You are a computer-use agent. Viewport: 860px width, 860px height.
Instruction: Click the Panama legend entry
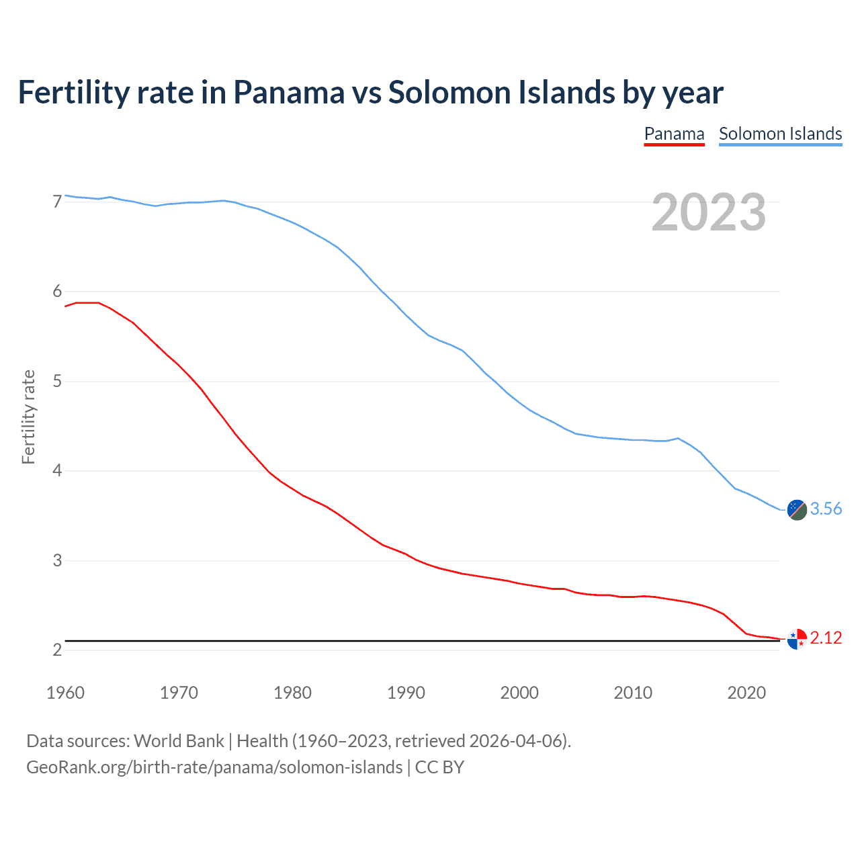(x=674, y=134)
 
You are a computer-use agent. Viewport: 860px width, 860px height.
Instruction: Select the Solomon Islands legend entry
(x=780, y=134)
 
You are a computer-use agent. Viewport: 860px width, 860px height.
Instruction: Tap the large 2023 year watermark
(x=708, y=212)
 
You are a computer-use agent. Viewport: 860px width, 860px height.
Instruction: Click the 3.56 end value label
(x=826, y=509)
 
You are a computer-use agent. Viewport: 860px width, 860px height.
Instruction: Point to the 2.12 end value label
(x=826, y=638)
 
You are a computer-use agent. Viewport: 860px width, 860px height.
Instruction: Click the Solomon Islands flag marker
(x=797, y=510)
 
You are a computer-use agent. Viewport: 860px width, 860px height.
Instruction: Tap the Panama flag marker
(x=797, y=639)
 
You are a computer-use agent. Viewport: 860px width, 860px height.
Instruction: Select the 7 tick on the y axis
(x=57, y=202)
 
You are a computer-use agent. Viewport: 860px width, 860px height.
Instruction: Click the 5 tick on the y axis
(x=57, y=382)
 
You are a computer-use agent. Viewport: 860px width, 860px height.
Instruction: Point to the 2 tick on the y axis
(x=57, y=650)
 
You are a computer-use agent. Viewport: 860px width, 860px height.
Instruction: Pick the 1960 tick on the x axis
(x=65, y=693)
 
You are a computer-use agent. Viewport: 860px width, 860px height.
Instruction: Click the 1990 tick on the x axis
(x=406, y=693)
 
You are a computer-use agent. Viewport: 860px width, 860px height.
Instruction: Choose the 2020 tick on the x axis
(x=746, y=693)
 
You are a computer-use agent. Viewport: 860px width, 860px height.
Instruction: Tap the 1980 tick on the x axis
(x=292, y=693)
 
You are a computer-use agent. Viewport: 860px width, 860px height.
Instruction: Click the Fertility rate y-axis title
(x=28, y=417)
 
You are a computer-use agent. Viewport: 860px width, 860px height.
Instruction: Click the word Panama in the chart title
(x=288, y=92)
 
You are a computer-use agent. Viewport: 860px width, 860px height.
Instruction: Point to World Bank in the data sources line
(x=179, y=741)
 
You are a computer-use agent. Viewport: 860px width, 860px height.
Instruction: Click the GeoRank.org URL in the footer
(x=214, y=767)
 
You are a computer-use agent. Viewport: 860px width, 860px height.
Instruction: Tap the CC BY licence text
(x=439, y=767)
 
